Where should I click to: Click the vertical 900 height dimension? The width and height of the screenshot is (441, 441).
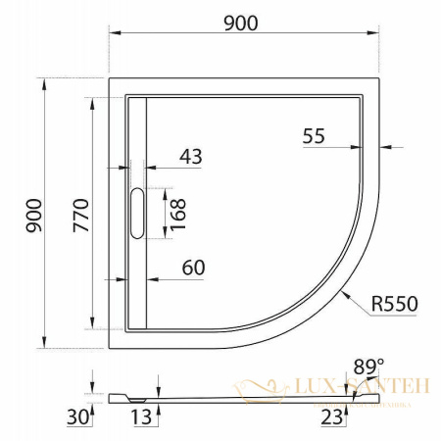point(33,212)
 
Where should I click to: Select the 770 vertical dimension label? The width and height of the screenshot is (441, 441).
point(80,212)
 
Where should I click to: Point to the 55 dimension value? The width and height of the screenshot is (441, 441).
point(314,137)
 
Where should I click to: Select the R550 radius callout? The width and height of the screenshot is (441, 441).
point(395,304)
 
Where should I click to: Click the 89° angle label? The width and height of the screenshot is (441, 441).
point(367,367)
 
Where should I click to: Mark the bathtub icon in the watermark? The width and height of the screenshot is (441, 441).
point(258,388)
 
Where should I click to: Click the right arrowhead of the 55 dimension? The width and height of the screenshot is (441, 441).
point(385,149)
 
